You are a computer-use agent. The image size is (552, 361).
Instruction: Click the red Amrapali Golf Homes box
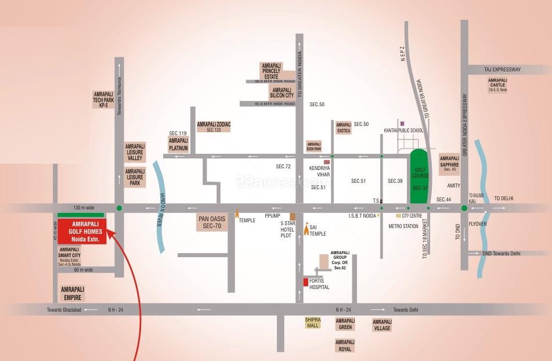tap(82, 232)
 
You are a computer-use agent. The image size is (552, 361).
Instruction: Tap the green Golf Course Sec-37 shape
tap(419, 176)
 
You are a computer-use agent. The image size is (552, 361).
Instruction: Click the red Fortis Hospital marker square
tap(305, 282)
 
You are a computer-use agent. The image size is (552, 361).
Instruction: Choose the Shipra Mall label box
tap(313, 323)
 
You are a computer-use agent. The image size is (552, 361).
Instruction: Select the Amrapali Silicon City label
tap(282, 93)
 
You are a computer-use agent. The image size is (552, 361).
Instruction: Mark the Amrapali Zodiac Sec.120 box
tap(214, 127)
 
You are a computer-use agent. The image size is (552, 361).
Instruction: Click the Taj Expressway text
tap(503, 70)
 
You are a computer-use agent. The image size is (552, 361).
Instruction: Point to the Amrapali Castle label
tap(497, 85)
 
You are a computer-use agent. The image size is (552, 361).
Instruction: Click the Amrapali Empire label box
tap(73, 293)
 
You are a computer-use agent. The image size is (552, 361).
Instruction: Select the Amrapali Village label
tap(382, 325)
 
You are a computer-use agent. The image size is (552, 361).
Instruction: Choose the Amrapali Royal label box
tap(345, 346)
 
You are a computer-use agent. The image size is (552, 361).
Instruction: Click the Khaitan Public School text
tap(403, 131)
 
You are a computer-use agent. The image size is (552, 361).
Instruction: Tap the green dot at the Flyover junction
tap(464, 208)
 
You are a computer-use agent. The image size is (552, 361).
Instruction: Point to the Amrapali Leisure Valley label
tap(135, 152)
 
